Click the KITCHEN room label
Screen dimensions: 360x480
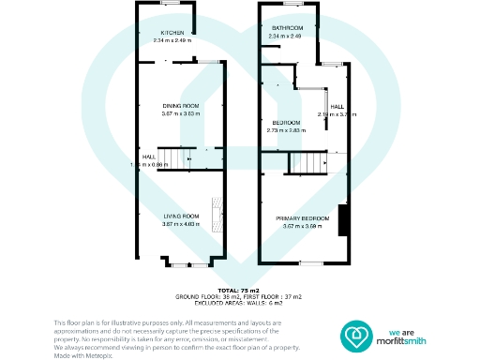point(172,34)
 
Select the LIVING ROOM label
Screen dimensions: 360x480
point(178,216)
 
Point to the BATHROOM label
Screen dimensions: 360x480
point(286,28)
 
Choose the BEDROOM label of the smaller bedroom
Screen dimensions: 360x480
point(286,123)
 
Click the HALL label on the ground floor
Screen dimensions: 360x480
point(148,156)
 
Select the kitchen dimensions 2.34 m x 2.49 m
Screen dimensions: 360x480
point(172,41)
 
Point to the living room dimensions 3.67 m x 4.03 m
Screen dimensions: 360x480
point(178,224)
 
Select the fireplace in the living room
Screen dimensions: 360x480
point(217,216)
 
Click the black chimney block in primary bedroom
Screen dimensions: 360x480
point(342,220)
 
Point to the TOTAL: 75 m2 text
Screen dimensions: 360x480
point(239,291)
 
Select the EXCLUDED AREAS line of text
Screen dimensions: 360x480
point(239,302)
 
